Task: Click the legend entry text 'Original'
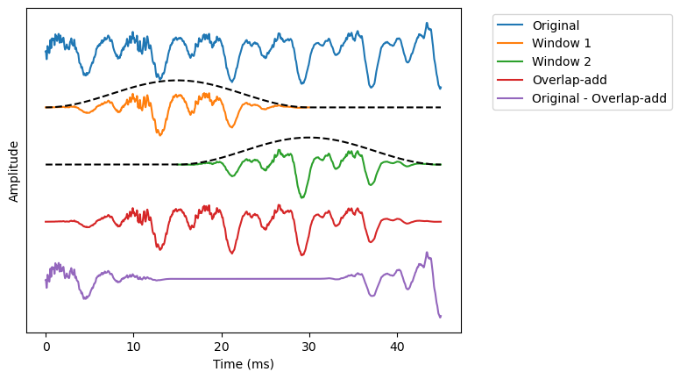click(556, 25)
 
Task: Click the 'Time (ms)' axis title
click(244, 364)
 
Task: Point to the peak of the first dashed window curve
click(177, 81)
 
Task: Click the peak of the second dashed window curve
click(308, 138)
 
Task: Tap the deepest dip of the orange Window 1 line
click(159, 134)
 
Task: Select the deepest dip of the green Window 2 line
click(302, 197)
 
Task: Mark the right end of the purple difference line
click(440, 316)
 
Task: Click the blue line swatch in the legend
click(511, 25)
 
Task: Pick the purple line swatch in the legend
click(511, 98)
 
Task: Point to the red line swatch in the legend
click(511, 80)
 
